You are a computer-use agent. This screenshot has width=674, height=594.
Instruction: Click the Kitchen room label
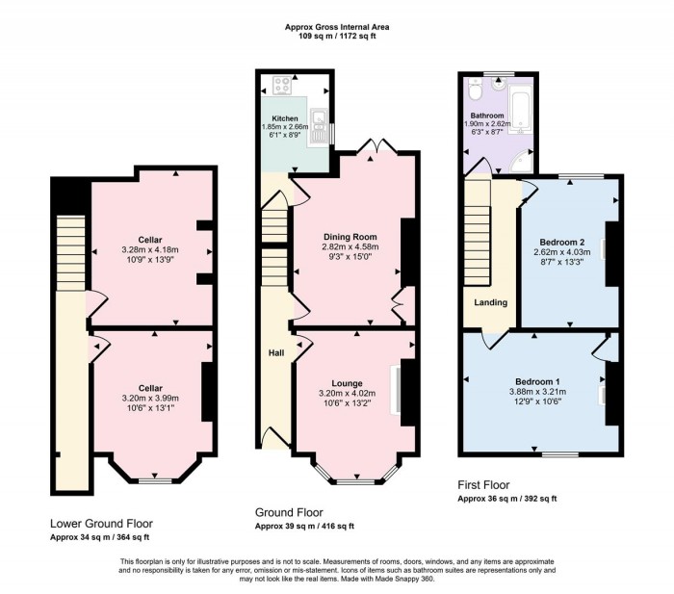click(x=285, y=118)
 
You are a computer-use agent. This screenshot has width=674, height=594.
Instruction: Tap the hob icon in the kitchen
click(x=283, y=85)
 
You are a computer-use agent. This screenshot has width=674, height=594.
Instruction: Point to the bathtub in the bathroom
click(x=521, y=109)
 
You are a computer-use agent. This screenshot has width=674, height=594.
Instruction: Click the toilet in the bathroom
click(x=475, y=89)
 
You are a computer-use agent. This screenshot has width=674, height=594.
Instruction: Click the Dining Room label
click(x=350, y=237)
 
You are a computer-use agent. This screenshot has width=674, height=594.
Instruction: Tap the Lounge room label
click(x=347, y=383)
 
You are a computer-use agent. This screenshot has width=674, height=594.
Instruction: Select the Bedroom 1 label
click(x=537, y=381)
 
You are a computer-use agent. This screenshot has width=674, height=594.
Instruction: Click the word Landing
click(x=490, y=302)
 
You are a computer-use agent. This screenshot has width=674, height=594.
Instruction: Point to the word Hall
click(x=276, y=353)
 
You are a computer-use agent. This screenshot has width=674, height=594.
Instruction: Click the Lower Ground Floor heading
click(x=101, y=524)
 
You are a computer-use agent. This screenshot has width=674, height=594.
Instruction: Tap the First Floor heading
click(x=483, y=485)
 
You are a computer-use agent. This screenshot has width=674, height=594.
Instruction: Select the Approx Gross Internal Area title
click(x=337, y=27)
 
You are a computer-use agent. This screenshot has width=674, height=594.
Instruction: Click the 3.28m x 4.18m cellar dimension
click(x=150, y=249)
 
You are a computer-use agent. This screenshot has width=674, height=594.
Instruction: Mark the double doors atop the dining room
click(x=376, y=145)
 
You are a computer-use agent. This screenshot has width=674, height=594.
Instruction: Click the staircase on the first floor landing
click(x=478, y=232)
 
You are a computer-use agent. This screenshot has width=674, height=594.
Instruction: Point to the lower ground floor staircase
click(x=71, y=253)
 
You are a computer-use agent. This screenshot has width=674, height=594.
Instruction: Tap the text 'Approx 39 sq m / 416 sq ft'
click(x=304, y=526)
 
